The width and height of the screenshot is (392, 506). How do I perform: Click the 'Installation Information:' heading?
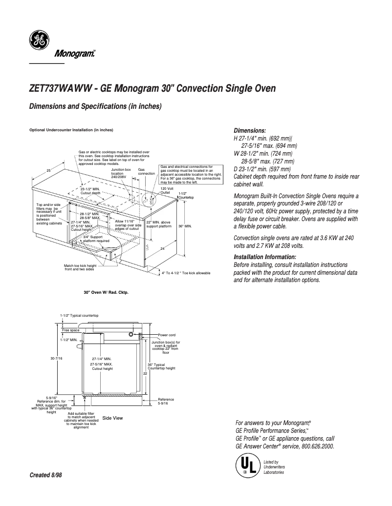(265, 257)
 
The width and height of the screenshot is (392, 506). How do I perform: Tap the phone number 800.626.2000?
(316, 446)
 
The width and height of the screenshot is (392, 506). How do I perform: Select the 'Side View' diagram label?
(112, 418)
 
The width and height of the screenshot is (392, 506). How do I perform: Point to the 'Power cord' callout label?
(168, 335)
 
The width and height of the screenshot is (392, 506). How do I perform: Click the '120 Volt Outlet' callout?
(167, 190)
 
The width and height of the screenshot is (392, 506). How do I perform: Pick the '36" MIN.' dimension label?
(185, 226)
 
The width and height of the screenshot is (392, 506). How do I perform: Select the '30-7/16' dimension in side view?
(57, 358)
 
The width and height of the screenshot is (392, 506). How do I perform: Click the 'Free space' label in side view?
(70, 330)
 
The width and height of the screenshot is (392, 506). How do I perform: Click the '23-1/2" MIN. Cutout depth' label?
(90, 191)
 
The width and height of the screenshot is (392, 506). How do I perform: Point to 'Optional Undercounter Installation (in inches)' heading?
(71, 130)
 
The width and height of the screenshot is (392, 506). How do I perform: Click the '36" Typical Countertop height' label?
(161, 366)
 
